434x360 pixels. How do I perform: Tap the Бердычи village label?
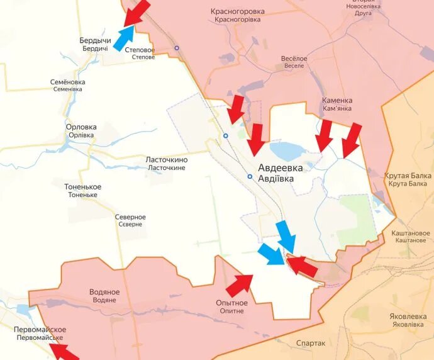click(x=96, y=44)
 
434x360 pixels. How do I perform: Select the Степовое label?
click(x=140, y=53)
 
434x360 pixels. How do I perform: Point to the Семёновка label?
click(x=67, y=86)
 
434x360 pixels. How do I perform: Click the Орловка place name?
click(x=81, y=130)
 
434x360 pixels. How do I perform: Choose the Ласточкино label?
click(x=166, y=164)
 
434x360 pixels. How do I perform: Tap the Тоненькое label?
click(x=82, y=191)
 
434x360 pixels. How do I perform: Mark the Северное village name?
click(x=130, y=220)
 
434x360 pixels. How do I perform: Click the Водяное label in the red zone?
click(x=104, y=296)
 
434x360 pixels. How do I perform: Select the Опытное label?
click(x=231, y=307)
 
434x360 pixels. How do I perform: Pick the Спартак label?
click(x=311, y=343)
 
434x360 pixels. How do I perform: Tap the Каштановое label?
click(x=409, y=237)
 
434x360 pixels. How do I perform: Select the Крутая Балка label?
click(x=408, y=179)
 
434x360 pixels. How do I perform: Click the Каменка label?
click(x=337, y=104)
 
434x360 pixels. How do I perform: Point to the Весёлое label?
click(x=294, y=62)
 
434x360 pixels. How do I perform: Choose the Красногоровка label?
click(x=238, y=15)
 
